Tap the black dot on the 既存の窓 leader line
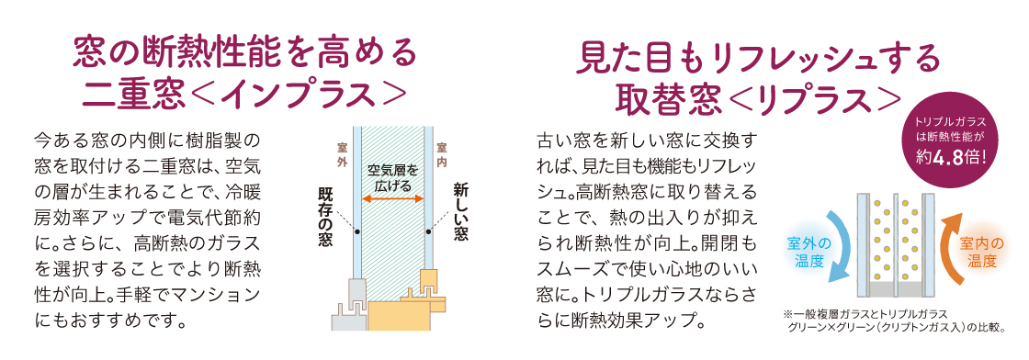(x=356, y=231)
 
